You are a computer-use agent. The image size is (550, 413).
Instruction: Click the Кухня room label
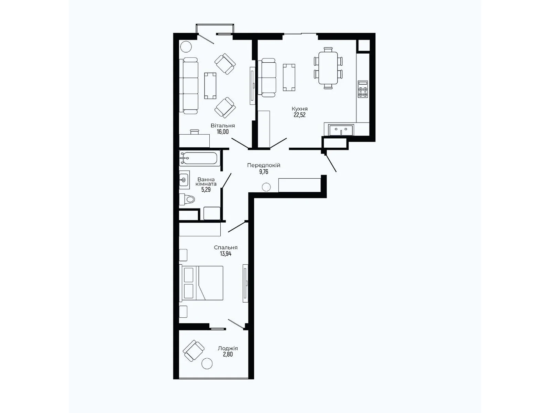point(299,109)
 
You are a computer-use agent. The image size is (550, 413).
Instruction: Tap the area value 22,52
point(299,115)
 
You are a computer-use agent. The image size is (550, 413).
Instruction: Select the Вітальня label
point(223,126)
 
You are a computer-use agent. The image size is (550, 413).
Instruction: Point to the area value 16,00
point(223,132)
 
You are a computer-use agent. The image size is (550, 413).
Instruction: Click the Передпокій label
point(264,165)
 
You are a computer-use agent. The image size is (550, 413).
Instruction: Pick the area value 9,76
point(264,171)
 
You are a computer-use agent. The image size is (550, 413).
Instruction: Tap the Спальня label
point(225,247)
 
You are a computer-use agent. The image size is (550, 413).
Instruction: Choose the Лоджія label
point(228,348)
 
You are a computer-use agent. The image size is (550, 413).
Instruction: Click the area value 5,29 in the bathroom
point(206,190)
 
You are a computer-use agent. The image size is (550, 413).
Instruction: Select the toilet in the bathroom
point(187,199)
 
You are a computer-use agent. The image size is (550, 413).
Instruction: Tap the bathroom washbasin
point(184,179)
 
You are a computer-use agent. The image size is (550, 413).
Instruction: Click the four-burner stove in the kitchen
point(363,89)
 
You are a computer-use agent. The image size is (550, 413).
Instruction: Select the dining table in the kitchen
point(328,68)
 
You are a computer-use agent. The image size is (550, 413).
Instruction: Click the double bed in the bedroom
point(201,283)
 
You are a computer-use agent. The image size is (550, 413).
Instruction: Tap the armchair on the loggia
point(194,351)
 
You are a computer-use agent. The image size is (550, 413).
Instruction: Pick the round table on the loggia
point(207,363)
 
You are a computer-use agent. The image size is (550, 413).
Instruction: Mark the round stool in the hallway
point(266,187)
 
